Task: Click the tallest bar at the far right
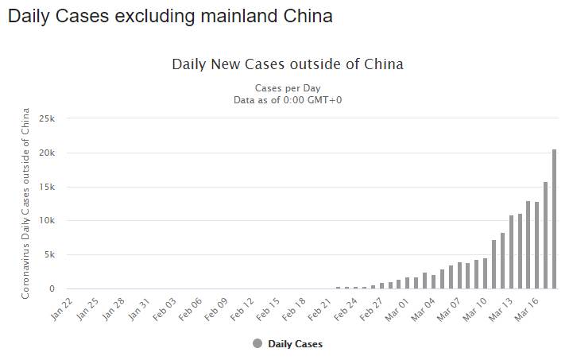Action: (x=554, y=219)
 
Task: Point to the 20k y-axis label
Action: (x=48, y=153)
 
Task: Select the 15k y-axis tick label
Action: (x=48, y=187)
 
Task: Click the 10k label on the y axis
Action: (x=48, y=221)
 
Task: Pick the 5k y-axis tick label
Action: (x=49, y=255)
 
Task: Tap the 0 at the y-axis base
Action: (x=52, y=289)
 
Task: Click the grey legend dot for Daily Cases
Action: (x=257, y=344)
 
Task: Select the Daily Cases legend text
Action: (x=296, y=344)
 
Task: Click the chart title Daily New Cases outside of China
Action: (x=288, y=64)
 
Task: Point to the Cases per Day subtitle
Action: (x=288, y=87)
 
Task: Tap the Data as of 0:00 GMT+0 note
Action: (x=288, y=99)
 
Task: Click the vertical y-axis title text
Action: (x=26, y=203)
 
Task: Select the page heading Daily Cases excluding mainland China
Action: (x=170, y=16)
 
